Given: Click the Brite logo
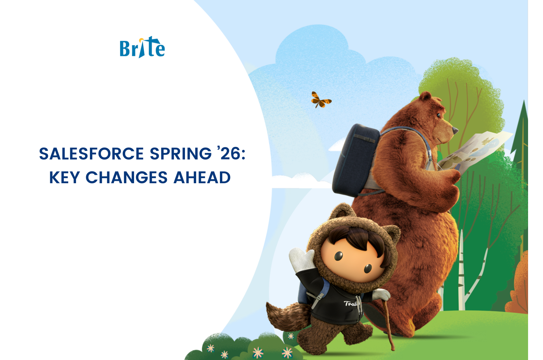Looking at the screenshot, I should click(x=142, y=48).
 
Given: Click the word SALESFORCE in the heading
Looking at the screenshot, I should click(x=91, y=154).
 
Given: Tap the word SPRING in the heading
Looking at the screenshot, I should click(x=181, y=154).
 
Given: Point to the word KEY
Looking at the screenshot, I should click(x=64, y=177).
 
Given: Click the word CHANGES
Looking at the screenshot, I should click(x=127, y=177).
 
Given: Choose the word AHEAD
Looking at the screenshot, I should click(x=202, y=177).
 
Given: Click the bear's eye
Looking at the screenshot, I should click(x=438, y=115).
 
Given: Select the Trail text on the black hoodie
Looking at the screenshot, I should click(x=351, y=303).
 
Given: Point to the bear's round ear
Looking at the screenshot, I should click(x=425, y=96).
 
